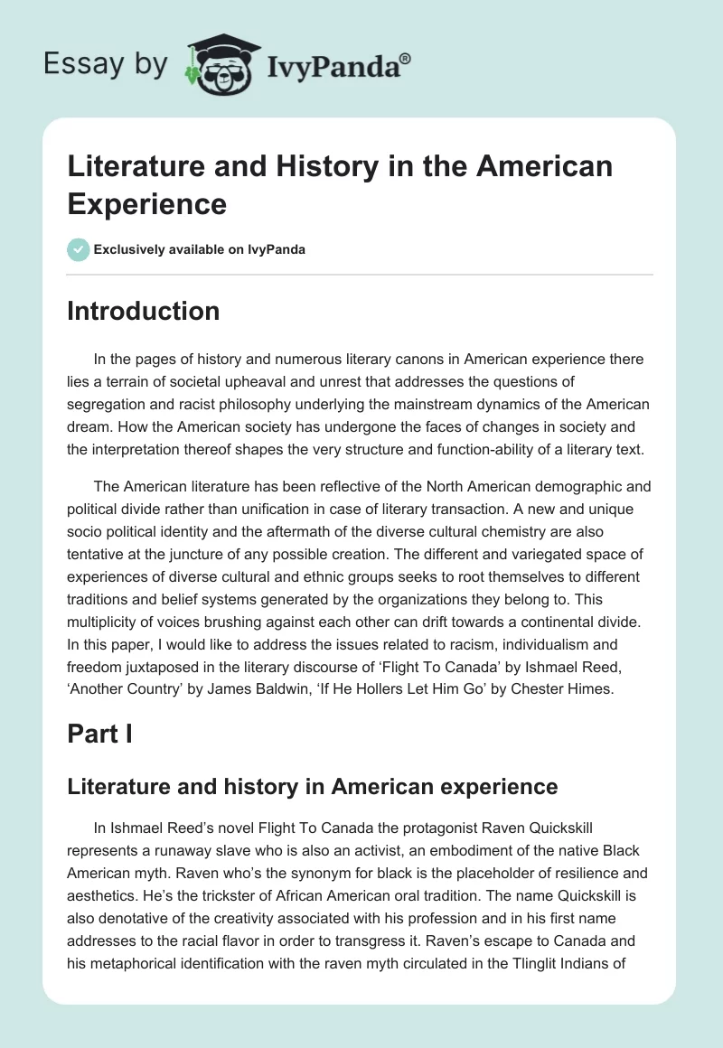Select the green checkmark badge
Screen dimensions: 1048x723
point(79,249)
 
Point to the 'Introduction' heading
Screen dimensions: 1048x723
point(144,311)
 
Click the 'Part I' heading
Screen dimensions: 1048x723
point(100,734)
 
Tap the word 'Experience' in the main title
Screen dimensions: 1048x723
point(147,203)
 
